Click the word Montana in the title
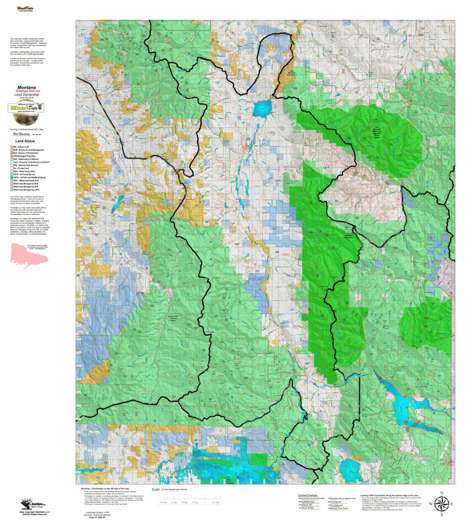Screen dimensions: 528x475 pyautogui.click(x=26, y=88)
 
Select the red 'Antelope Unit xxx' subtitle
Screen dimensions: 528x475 pyautogui.click(x=28, y=91)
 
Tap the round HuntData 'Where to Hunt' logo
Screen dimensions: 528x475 pyautogui.click(x=26, y=108)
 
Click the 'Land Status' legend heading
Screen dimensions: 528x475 pyautogui.click(x=25, y=141)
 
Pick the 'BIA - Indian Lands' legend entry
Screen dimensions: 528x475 pyautogui.click(x=21, y=147)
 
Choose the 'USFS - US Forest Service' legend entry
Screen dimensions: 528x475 pyautogui.click(x=24, y=175)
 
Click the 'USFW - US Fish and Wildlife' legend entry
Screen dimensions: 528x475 pyautogui.click(x=29, y=178)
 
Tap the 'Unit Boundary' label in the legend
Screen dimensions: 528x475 pyautogui.click(x=21, y=134)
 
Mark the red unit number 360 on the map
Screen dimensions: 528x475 pyautogui.click(x=277, y=252)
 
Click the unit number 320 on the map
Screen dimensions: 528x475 pyautogui.click(x=102, y=40)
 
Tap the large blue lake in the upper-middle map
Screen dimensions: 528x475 pyautogui.click(x=262, y=108)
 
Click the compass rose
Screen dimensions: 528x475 pyautogui.click(x=441, y=504)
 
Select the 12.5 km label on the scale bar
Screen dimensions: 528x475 pyautogui.click(x=215, y=502)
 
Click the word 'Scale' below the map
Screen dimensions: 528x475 pyautogui.click(x=156, y=489)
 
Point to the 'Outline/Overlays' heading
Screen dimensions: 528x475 pyautogui.click(x=308, y=495)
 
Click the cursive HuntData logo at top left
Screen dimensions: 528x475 pyautogui.click(x=25, y=9)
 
